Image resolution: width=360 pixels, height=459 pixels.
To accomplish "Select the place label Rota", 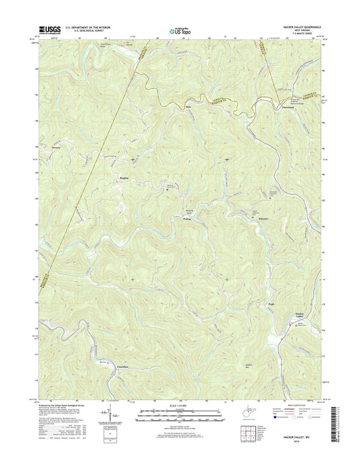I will coord(190,107).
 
